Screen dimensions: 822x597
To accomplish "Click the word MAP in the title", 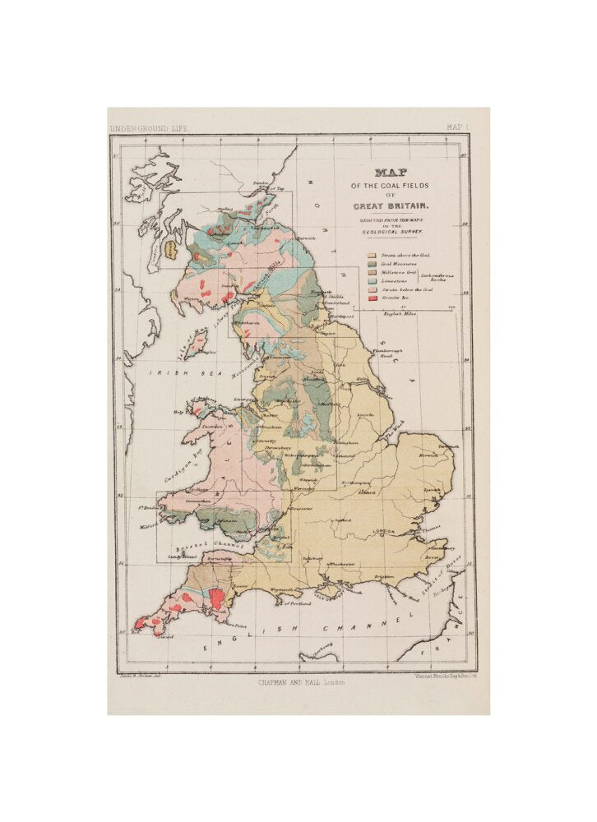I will click(391, 173).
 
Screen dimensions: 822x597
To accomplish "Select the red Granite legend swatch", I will click(372, 298).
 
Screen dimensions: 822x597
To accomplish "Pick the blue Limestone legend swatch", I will click(372, 280).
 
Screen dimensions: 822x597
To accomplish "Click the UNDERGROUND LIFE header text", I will click(144, 128).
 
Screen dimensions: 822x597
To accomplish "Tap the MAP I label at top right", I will click(456, 127).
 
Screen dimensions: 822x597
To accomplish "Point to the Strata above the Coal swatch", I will click(372, 255).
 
